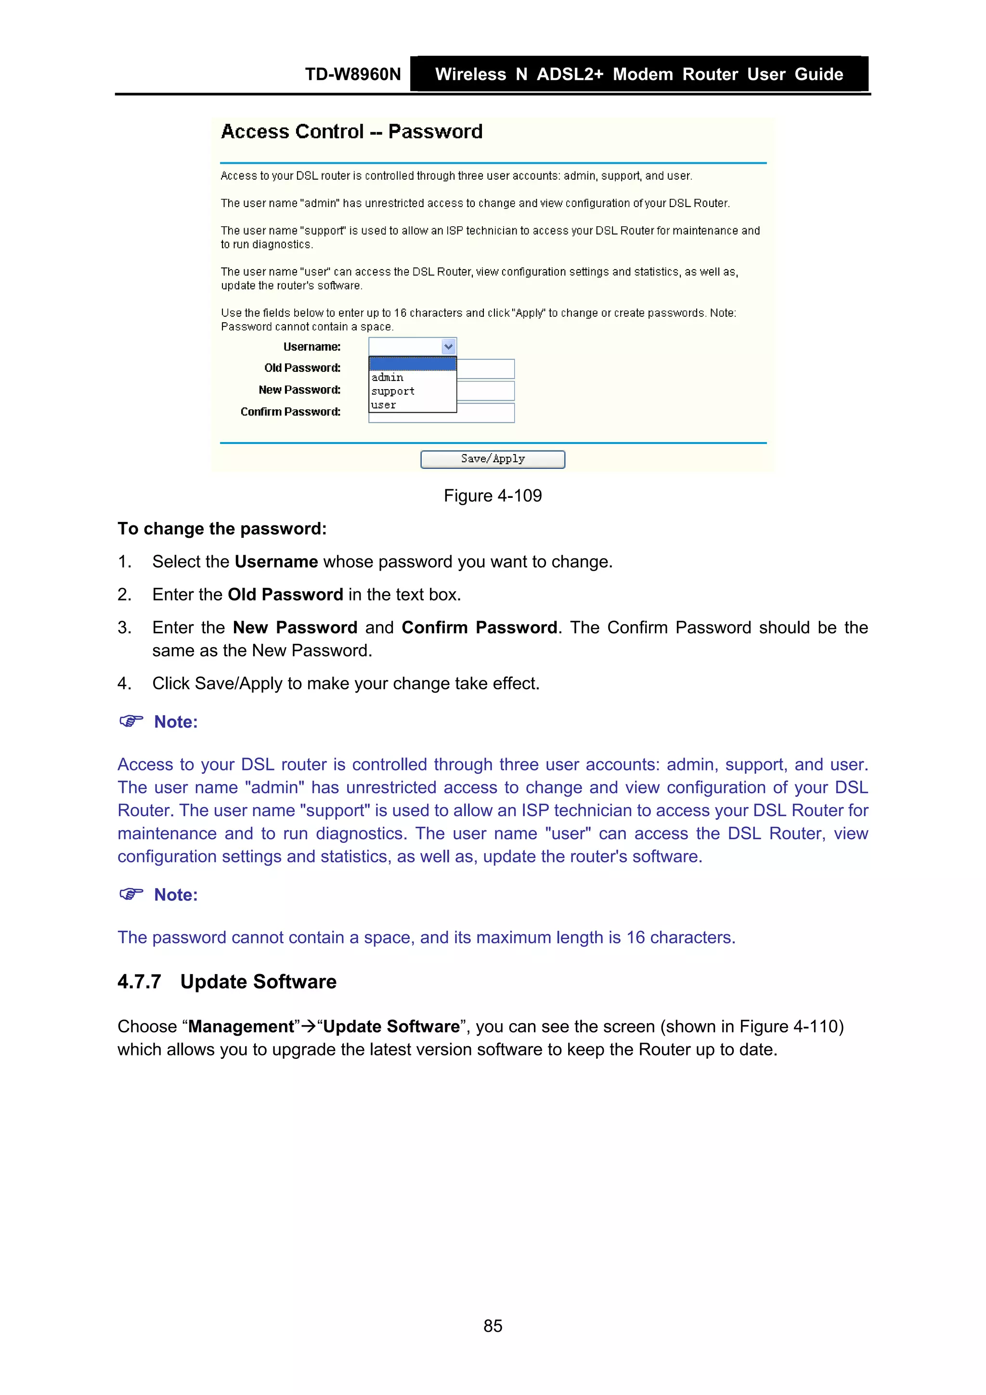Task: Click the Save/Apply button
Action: (492, 459)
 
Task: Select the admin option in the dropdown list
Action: (388, 378)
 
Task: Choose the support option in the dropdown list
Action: (393, 391)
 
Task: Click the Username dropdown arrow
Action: (448, 347)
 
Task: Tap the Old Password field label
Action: (302, 368)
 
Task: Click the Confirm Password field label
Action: (290, 412)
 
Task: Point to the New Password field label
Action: (299, 390)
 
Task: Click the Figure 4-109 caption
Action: (492, 496)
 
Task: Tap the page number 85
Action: (493, 1326)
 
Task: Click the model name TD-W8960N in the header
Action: (353, 75)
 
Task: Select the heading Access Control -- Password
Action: (352, 132)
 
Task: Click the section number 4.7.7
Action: (139, 982)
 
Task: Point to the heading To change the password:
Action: (222, 529)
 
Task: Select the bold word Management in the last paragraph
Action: (241, 1027)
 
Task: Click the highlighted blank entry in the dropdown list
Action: (413, 364)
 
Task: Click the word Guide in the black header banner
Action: (818, 75)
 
